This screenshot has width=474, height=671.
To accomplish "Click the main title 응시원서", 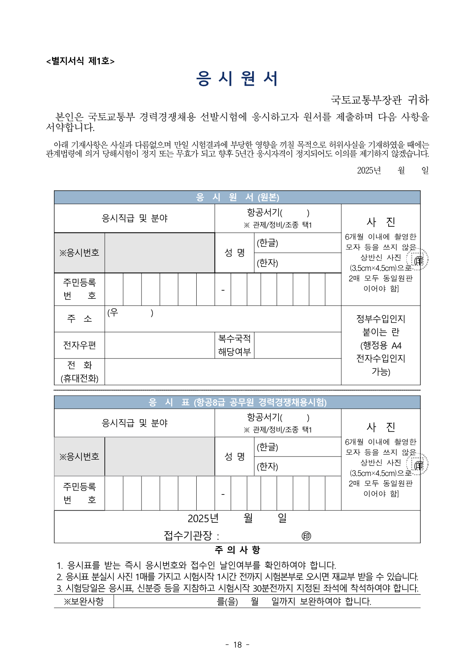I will (x=237, y=79).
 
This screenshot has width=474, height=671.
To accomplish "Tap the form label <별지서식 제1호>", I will (x=80, y=61).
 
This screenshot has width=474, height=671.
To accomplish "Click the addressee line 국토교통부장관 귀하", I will (x=380, y=100).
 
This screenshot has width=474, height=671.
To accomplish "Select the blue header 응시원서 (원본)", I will (x=237, y=197).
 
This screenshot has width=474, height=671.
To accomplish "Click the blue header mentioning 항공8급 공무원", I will (x=237, y=402).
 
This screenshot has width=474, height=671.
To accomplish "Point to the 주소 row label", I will (x=80, y=319).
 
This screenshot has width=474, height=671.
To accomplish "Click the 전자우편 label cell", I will (x=80, y=345).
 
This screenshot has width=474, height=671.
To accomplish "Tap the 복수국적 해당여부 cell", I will (x=235, y=345).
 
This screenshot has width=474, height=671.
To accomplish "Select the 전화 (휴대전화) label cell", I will (x=80, y=372).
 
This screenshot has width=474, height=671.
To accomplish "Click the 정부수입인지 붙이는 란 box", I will (x=381, y=345).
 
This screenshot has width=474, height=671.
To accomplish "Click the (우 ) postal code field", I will (x=130, y=313).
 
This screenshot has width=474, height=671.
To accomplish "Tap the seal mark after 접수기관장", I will (x=306, y=536).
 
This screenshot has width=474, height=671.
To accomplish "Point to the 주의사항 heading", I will (x=237, y=550).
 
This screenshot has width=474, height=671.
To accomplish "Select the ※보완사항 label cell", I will (x=84, y=601).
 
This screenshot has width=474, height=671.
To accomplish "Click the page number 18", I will (x=237, y=645).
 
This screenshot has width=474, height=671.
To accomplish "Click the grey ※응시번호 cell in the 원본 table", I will (x=80, y=253).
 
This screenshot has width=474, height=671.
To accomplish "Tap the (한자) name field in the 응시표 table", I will (x=298, y=466).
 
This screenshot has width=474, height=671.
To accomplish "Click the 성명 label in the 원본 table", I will (x=235, y=253).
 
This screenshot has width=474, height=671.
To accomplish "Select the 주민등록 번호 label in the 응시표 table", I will (x=80, y=493).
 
